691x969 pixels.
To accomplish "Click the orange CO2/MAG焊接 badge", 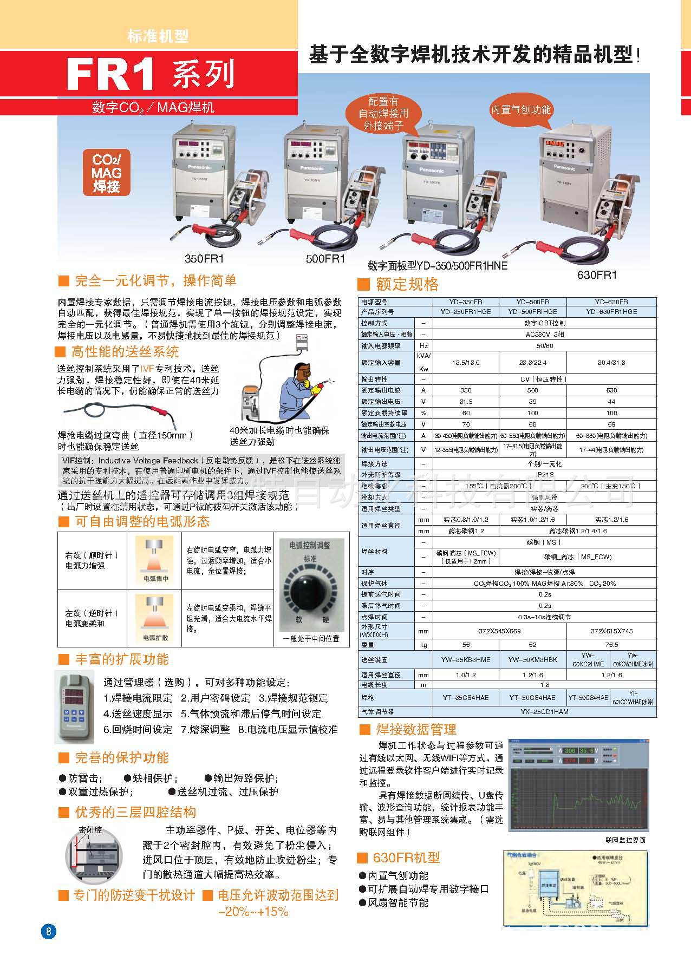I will (107, 173).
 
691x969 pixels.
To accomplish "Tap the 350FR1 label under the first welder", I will (204, 258).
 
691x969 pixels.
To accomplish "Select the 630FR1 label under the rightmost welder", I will (597, 274).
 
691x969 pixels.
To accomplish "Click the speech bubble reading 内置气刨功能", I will (520, 110).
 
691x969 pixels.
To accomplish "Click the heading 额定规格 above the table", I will (407, 284).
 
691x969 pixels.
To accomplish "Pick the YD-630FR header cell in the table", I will (611, 302).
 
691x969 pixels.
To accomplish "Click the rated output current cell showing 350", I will (465, 390).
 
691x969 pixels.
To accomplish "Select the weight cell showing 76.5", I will (611, 645).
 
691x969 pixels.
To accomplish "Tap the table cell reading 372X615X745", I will (611, 631).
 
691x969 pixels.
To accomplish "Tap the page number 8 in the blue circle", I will (48, 932).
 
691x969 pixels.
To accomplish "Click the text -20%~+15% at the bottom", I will (253, 911).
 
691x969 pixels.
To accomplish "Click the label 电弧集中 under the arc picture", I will (155, 579).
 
